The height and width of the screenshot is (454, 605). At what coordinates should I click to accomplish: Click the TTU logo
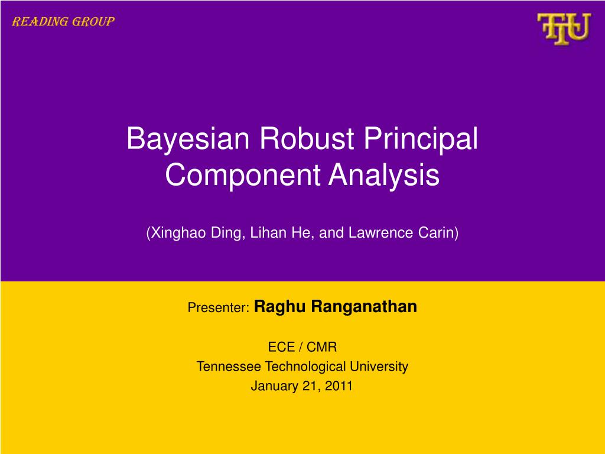[563, 29]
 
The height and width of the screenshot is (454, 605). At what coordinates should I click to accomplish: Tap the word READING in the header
[34, 22]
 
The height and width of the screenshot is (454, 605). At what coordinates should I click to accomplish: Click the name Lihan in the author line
[265, 233]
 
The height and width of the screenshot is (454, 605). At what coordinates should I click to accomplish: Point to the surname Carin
[440, 233]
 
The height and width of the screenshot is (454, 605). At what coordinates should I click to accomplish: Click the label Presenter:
[219, 308]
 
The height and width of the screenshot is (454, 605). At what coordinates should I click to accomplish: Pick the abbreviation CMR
[321, 347]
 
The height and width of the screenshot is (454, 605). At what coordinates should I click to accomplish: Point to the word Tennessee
[229, 367]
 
